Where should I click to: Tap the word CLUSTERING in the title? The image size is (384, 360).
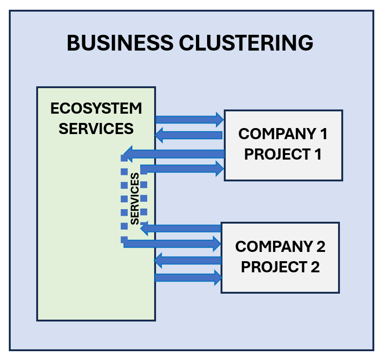246,43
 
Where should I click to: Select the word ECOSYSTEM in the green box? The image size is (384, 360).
96,109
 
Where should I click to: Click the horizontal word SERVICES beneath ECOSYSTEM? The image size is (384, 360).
96,128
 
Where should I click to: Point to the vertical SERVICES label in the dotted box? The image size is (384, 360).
135,199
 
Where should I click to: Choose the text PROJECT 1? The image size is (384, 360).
283,154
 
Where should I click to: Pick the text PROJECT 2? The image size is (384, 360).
280,267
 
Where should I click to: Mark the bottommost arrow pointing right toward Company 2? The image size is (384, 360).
188,277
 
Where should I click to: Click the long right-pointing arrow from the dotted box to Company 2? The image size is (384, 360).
172,243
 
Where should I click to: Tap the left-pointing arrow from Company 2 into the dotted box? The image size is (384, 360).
181,228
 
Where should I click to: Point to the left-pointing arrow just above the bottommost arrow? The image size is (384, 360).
188,261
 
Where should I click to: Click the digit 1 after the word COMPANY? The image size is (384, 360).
324,134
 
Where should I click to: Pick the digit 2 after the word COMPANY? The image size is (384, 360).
320,246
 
